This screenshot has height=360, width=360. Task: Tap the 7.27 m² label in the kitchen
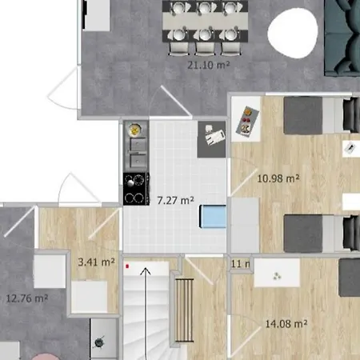pos(175,200)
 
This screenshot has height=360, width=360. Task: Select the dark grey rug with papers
pos(212,137)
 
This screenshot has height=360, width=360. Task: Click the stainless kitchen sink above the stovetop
pos(134,152)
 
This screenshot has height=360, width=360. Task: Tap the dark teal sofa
pos(342,36)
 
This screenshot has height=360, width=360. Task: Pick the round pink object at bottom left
pos(48,355)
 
